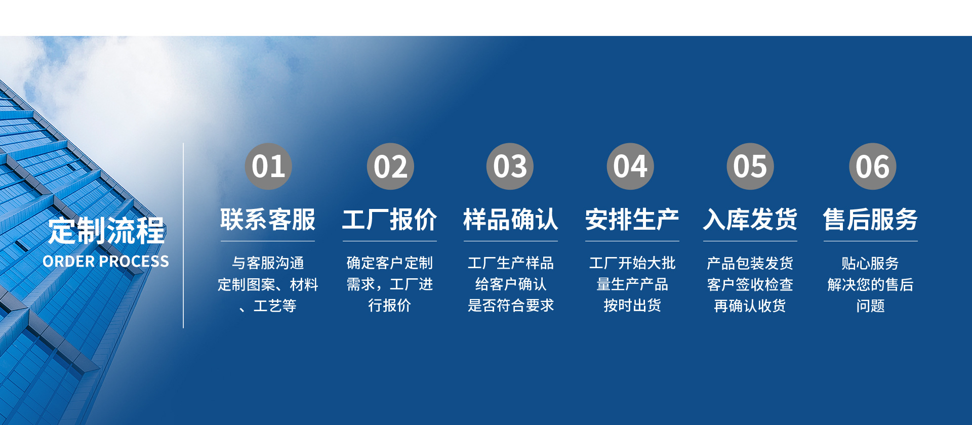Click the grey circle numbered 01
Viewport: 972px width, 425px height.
click(268, 166)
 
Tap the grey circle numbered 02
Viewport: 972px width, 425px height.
click(390, 166)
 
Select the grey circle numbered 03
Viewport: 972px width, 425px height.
click(510, 166)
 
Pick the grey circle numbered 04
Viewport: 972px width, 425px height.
click(630, 166)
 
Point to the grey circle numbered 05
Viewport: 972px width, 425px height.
click(750, 166)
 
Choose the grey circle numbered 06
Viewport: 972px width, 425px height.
click(872, 166)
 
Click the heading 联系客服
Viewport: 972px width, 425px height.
click(268, 220)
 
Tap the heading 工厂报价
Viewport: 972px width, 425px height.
click(389, 220)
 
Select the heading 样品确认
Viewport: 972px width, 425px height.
click(511, 220)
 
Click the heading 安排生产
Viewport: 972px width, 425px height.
click(632, 220)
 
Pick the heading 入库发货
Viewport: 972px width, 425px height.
click(750, 220)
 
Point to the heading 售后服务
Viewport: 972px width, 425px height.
click(870, 220)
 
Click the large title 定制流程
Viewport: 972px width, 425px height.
click(106, 231)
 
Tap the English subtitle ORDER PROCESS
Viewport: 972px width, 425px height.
click(106, 262)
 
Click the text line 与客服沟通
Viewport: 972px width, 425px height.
click(268, 263)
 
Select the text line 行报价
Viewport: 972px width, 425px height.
click(389, 306)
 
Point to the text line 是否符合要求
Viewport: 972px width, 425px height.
click(511, 306)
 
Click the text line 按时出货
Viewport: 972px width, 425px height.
click(632, 306)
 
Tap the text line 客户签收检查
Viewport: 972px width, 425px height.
click(750, 284)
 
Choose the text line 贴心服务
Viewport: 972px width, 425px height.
click(870, 263)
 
